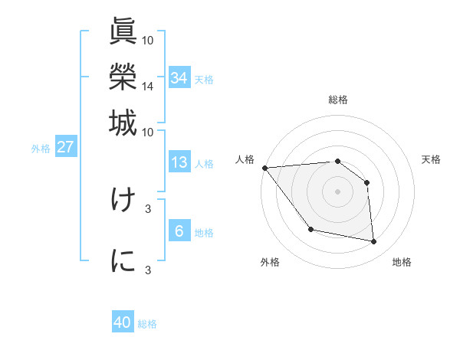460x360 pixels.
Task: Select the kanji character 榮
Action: [x=123, y=77]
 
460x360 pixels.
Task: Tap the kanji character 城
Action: [x=123, y=122]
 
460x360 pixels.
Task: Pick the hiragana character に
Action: [x=123, y=260]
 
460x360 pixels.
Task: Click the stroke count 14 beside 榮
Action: [x=147, y=87]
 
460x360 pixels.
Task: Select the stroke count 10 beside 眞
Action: [x=147, y=40]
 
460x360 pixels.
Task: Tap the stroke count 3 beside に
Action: [x=147, y=270]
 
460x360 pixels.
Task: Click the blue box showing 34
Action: [x=179, y=78]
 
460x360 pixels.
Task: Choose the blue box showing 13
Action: [x=179, y=162]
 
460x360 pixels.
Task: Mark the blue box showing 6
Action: [x=179, y=231]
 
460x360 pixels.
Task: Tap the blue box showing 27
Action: [x=66, y=148]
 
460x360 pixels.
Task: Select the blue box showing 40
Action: [x=123, y=322]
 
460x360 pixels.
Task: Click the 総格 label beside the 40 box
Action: [x=147, y=324]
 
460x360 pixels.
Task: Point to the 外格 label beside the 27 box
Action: [x=41, y=149]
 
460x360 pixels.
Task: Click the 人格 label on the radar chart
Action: [x=245, y=159]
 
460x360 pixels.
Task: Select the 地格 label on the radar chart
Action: [x=402, y=263]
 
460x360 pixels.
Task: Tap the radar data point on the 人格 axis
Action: [x=264, y=168]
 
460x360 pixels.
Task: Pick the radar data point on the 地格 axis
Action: [x=374, y=242]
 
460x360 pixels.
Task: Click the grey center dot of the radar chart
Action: [x=337, y=191]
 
